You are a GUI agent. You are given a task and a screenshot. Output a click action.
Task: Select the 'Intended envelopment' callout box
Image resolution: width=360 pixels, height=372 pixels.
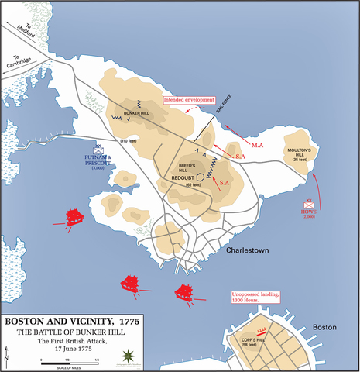pyautogui.click(x=188, y=100)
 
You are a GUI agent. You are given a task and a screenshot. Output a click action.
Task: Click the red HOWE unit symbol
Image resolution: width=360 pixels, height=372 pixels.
pyautogui.click(x=310, y=203)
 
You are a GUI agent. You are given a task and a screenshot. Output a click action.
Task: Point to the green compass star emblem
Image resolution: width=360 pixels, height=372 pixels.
pyautogui.click(x=129, y=356)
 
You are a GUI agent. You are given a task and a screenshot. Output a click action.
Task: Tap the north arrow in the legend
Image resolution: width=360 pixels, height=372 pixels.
pyautogui.click(x=8, y=357)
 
